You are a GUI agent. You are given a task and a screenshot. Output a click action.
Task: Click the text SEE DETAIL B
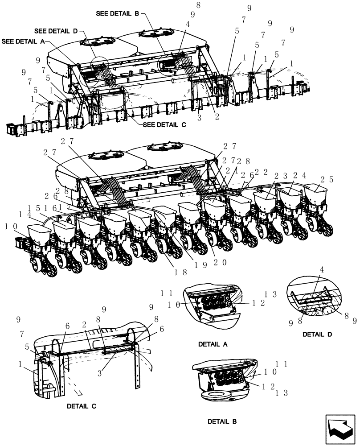point(117,13)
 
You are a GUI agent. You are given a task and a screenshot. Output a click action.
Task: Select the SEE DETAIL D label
point(56,31)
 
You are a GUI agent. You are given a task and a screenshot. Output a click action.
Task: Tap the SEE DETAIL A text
point(23,41)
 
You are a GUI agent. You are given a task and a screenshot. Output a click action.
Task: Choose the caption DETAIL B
point(222,421)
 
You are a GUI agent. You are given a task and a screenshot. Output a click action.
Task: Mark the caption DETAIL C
point(82,406)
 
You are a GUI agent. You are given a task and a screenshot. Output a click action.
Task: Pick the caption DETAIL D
point(317,334)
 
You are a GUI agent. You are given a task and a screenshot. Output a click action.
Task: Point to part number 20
point(221,263)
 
